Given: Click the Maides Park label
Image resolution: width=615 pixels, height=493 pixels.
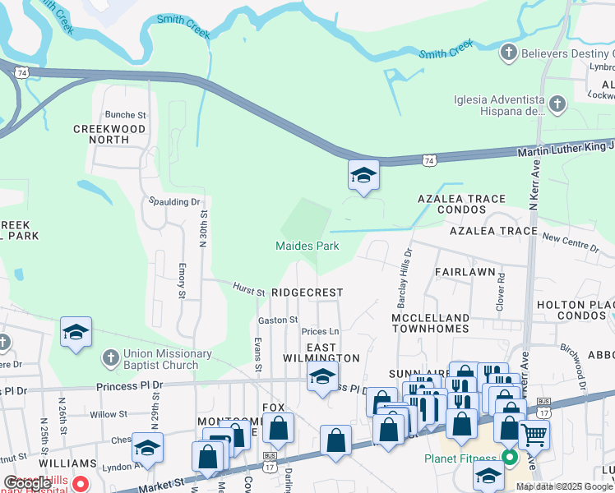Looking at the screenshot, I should point(307,246).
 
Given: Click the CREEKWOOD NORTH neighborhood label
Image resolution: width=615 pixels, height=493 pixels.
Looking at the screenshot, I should point(109,134).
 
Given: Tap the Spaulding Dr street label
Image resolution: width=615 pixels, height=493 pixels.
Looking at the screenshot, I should point(174,201).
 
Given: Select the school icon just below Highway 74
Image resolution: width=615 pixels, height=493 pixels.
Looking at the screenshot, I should point(363,176).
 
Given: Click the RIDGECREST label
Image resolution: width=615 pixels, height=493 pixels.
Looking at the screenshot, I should point(307,293).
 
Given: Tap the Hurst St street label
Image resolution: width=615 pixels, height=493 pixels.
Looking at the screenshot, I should point(248,291).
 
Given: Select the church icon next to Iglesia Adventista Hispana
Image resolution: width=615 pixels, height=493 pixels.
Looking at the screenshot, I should point(558,104).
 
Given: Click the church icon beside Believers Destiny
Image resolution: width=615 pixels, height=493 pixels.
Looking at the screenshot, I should point(509,53).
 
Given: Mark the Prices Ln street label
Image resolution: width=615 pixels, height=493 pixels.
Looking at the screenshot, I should point(321,332).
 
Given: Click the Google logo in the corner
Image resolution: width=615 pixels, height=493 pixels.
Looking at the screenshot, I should point(27,483).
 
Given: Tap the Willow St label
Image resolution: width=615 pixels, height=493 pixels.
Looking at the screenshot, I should point(109,414).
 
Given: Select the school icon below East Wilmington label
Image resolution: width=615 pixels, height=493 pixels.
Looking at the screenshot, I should point(321,378).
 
